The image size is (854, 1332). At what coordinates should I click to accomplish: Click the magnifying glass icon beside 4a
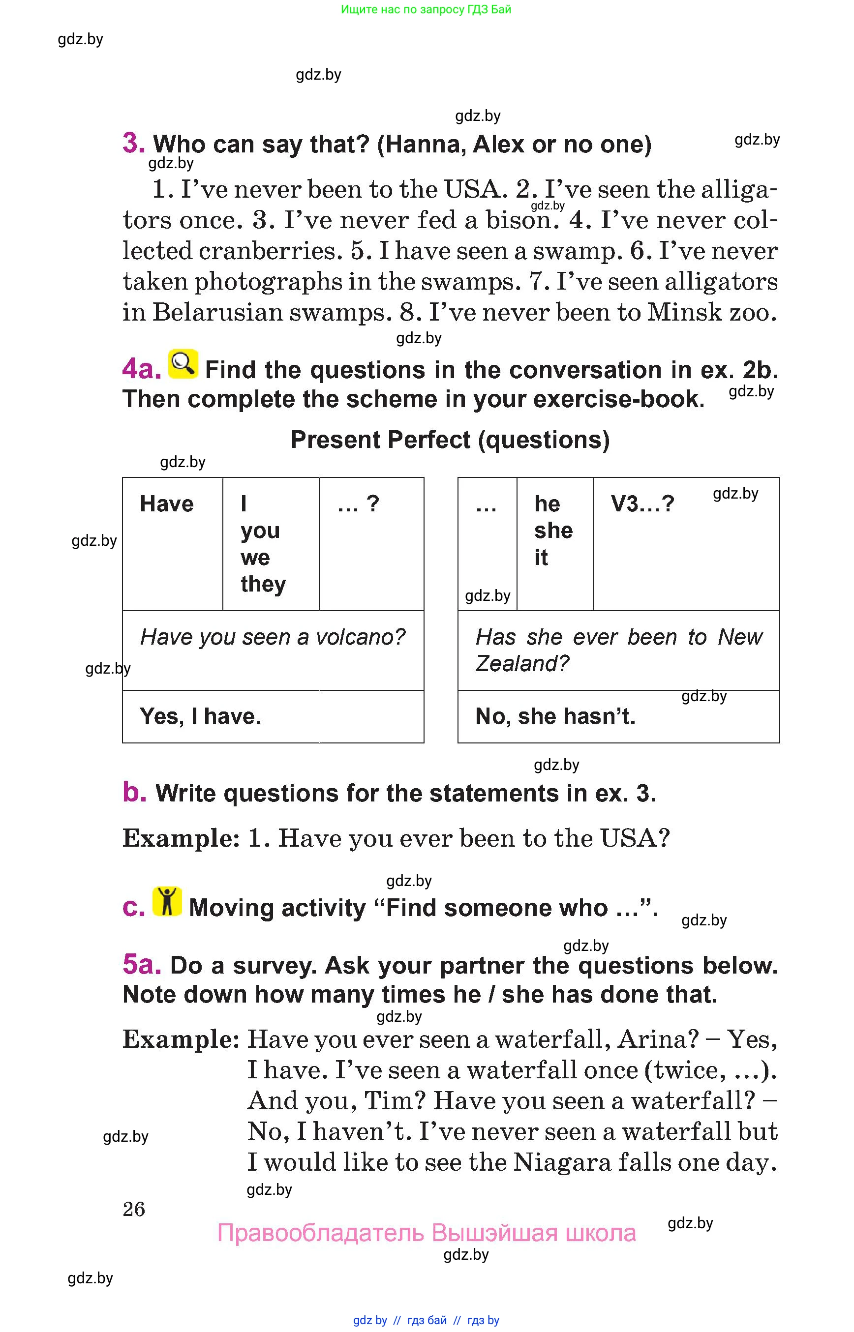click(x=183, y=364)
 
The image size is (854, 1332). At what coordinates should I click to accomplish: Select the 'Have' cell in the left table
click(x=166, y=504)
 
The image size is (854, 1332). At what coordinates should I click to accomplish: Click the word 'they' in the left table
click(x=263, y=584)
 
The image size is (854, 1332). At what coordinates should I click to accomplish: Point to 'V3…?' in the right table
click(x=642, y=504)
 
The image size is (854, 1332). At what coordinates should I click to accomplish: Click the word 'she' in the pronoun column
click(x=553, y=531)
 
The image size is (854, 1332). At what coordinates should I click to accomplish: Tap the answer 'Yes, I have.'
click(x=200, y=716)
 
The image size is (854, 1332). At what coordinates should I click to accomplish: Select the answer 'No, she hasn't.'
click(x=555, y=716)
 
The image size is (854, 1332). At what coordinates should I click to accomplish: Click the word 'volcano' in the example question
click(x=361, y=637)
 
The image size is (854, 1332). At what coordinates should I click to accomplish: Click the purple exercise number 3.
click(x=133, y=143)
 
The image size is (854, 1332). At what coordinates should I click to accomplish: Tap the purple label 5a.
click(x=141, y=965)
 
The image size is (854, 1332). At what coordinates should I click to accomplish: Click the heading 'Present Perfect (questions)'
click(x=450, y=440)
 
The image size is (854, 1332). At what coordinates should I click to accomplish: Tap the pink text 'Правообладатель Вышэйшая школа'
click(x=426, y=1233)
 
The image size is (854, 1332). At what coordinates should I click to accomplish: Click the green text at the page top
click(x=426, y=9)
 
